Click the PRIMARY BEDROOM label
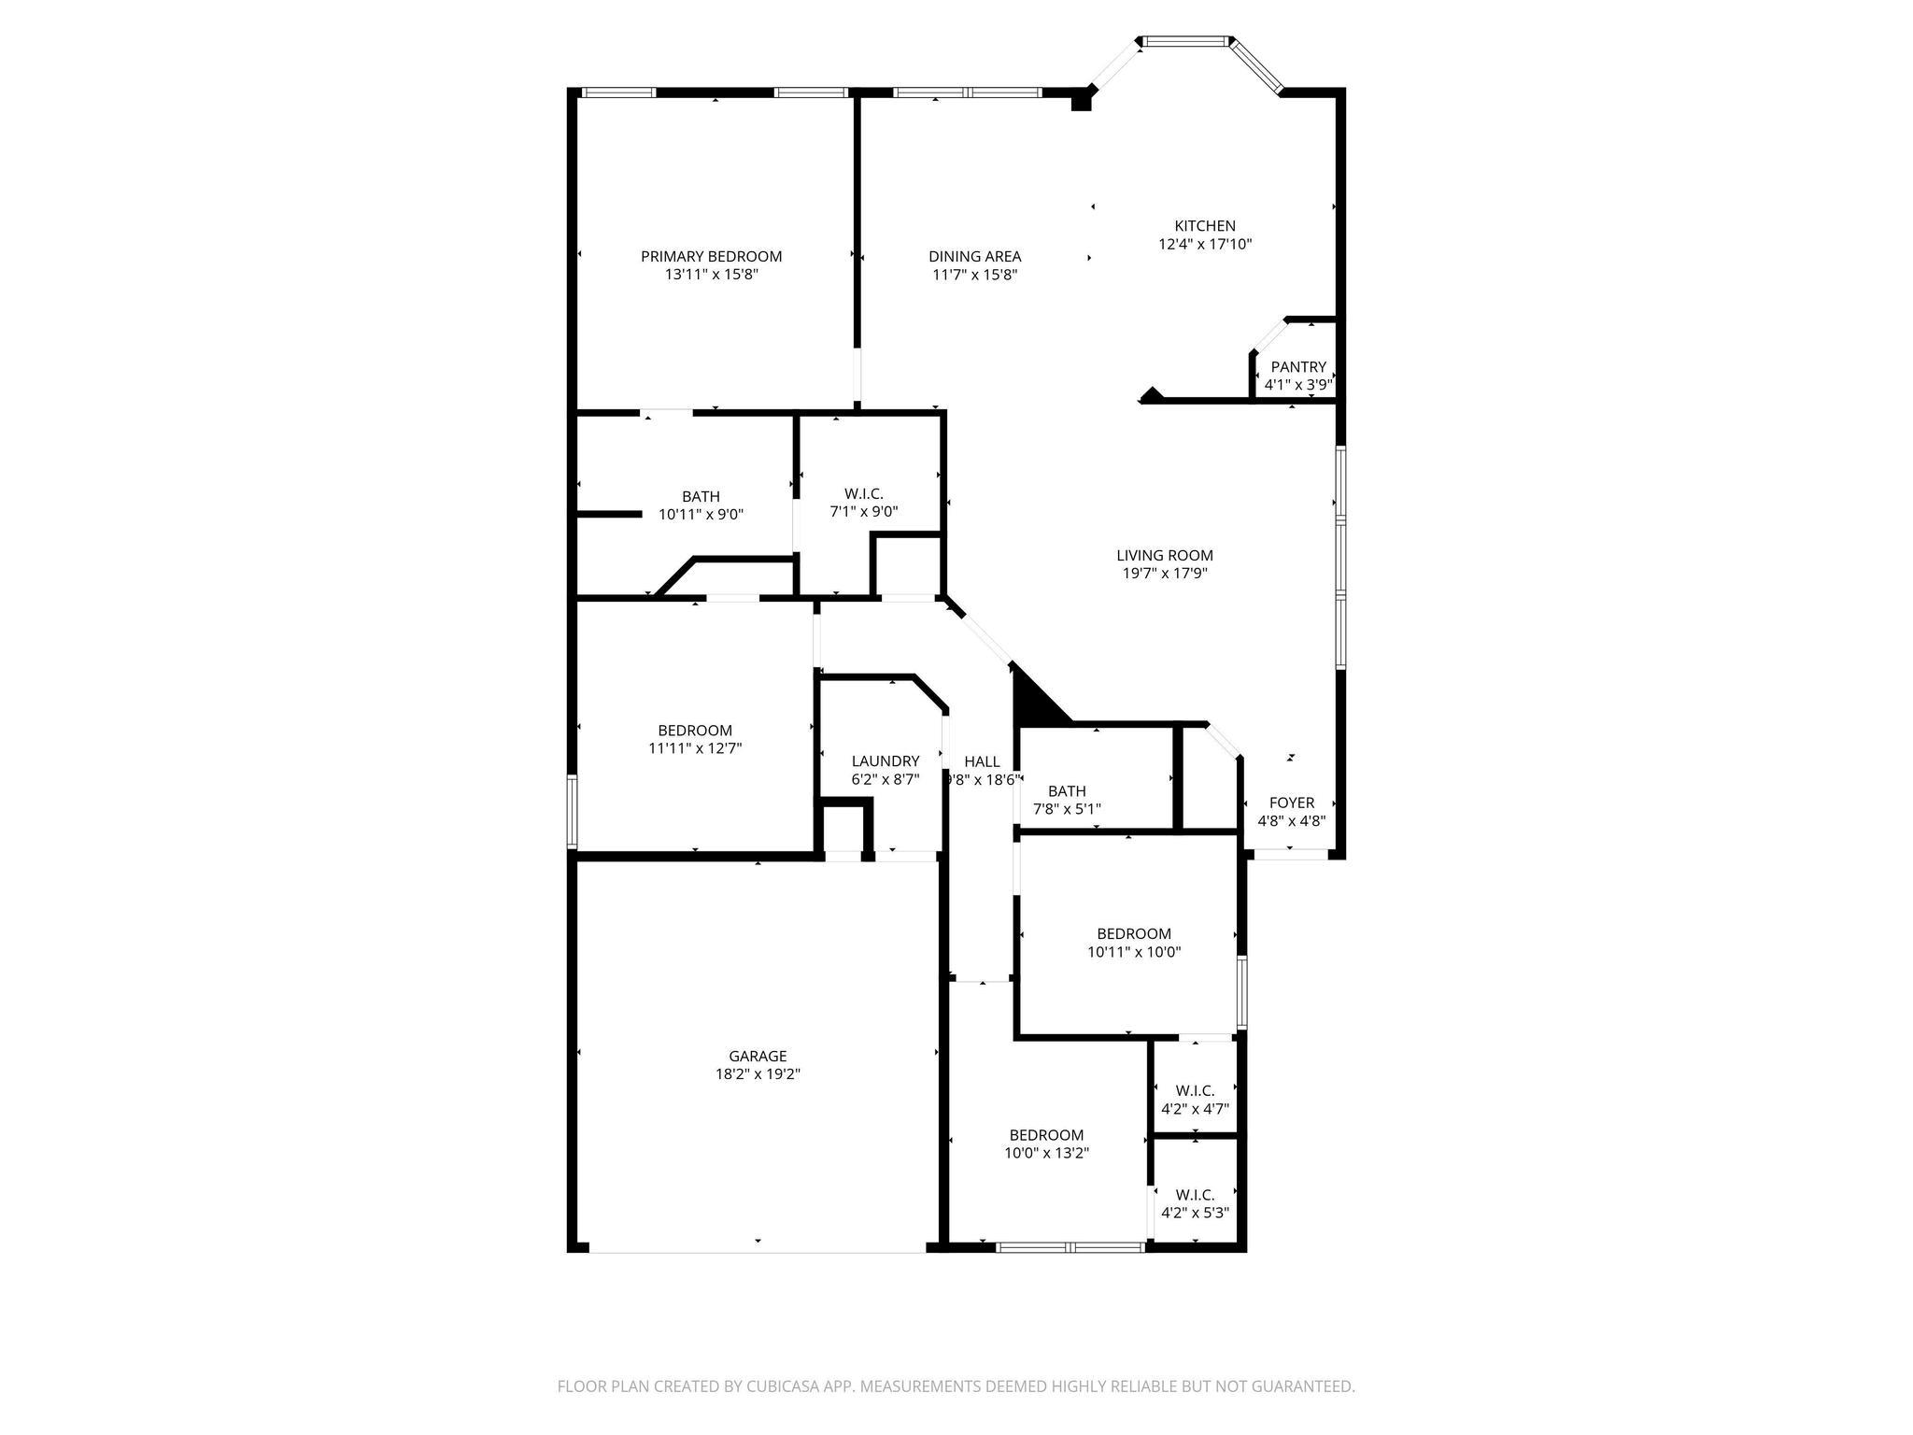click(x=711, y=256)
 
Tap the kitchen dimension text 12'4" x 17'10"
click(x=1204, y=245)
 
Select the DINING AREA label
click(x=974, y=256)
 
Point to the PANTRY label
click(x=1297, y=367)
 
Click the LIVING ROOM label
click(x=1164, y=556)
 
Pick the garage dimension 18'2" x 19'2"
click(x=758, y=1074)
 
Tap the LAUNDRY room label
click(x=885, y=761)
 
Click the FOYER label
click(x=1291, y=803)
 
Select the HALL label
click(x=981, y=761)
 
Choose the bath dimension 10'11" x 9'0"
click(x=701, y=514)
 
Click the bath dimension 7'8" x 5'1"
click(x=1067, y=809)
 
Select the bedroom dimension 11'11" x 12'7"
click(x=695, y=748)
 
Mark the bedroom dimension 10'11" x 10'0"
click(x=1134, y=952)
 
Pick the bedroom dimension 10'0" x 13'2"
click(x=1046, y=1153)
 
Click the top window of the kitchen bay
click(x=1185, y=41)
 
